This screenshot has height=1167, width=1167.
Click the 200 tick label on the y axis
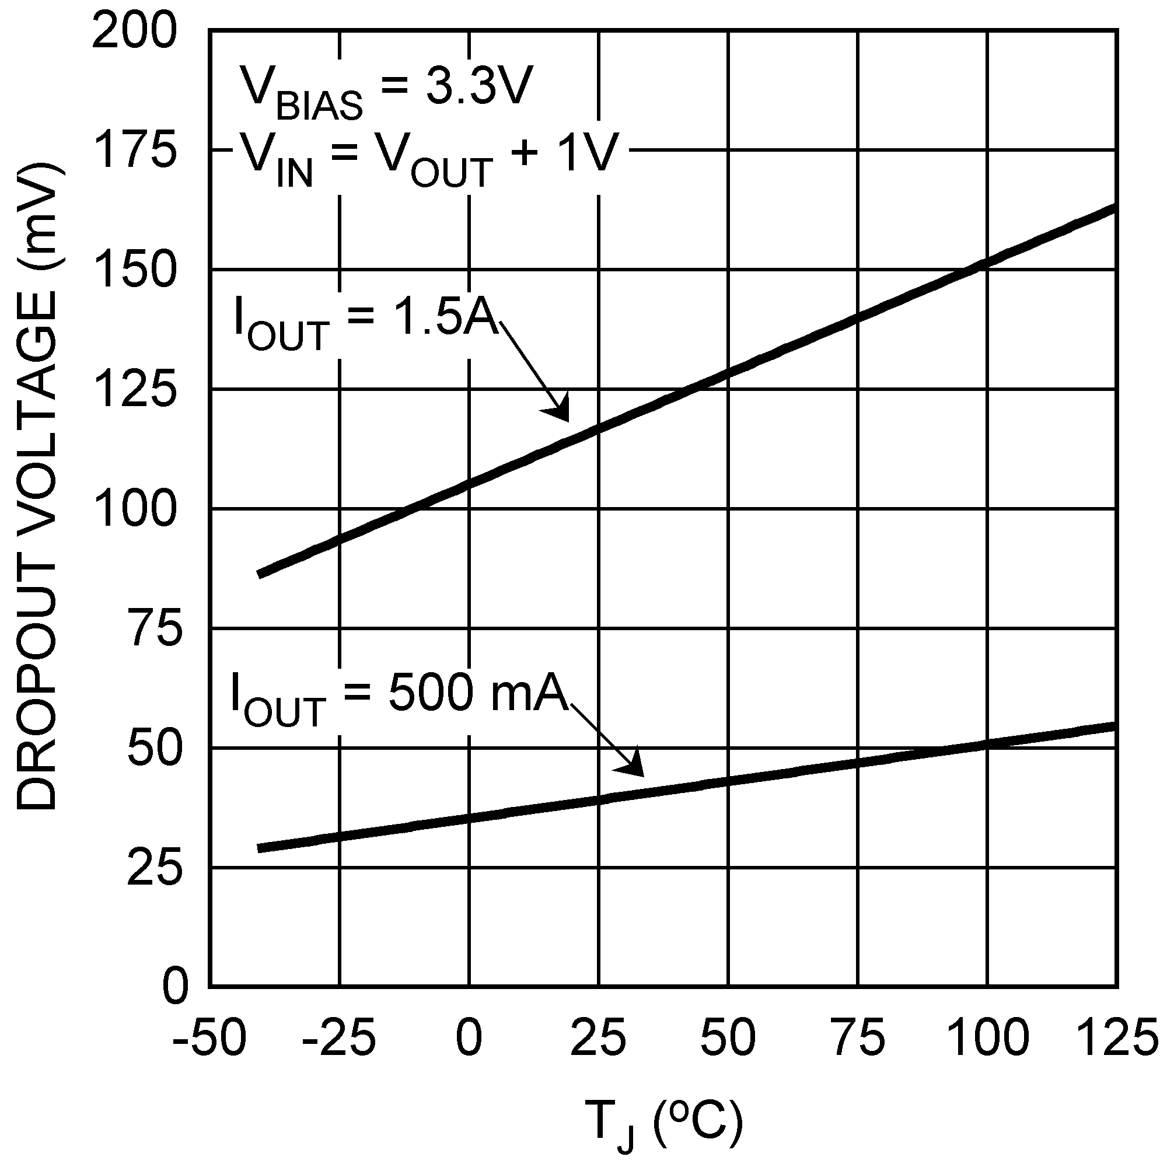coord(134,32)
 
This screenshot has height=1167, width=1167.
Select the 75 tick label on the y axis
coord(155,630)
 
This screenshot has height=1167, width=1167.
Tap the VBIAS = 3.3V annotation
coord(387,90)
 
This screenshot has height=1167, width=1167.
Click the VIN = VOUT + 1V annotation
coord(429,158)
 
